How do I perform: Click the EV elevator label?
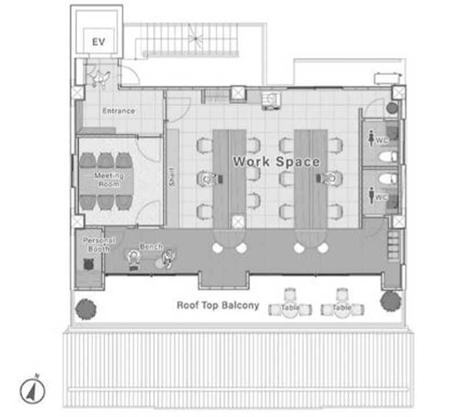click(x=99, y=42)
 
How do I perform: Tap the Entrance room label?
click(x=118, y=111)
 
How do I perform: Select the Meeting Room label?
click(x=109, y=180)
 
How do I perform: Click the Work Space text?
click(x=276, y=162)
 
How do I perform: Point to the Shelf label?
click(x=173, y=177)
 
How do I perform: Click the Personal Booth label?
click(x=99, y=244)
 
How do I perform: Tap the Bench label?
click(x=151, y=247)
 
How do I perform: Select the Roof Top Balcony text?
click(x=218, y=305)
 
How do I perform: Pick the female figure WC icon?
click(x=371, y=139)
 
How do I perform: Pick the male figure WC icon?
click(x=371, y=195)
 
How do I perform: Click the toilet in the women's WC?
click(x=388, y=156)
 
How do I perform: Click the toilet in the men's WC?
click(x=388, y=179)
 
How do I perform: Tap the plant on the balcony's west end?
click(x=86, y=309)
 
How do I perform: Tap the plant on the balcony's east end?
click(x=391, y=301)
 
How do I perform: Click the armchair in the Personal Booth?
click(x=87, y=264)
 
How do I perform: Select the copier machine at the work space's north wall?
click(x=271, y=101)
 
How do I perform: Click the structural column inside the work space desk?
click(x=239, y=222)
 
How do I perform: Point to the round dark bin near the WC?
click(x=392, y=108)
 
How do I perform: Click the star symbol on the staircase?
click(x=196, y=38)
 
